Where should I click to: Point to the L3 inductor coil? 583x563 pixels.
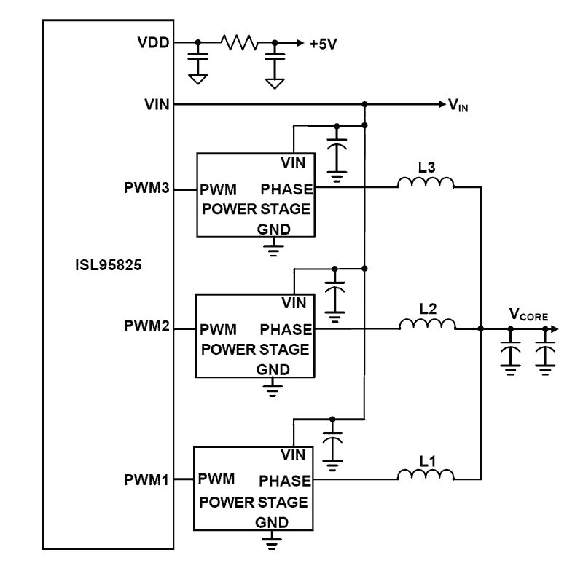[x=426, y=184]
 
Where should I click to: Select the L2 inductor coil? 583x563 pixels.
[x=426, y=324]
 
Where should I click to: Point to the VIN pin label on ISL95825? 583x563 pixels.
[x=158, y=105]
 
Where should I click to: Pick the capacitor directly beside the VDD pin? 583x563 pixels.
[x=197, y=57]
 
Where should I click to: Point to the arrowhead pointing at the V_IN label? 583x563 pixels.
[x=441, y=105]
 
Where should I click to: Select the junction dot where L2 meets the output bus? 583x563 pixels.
[x=481, y=329]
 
